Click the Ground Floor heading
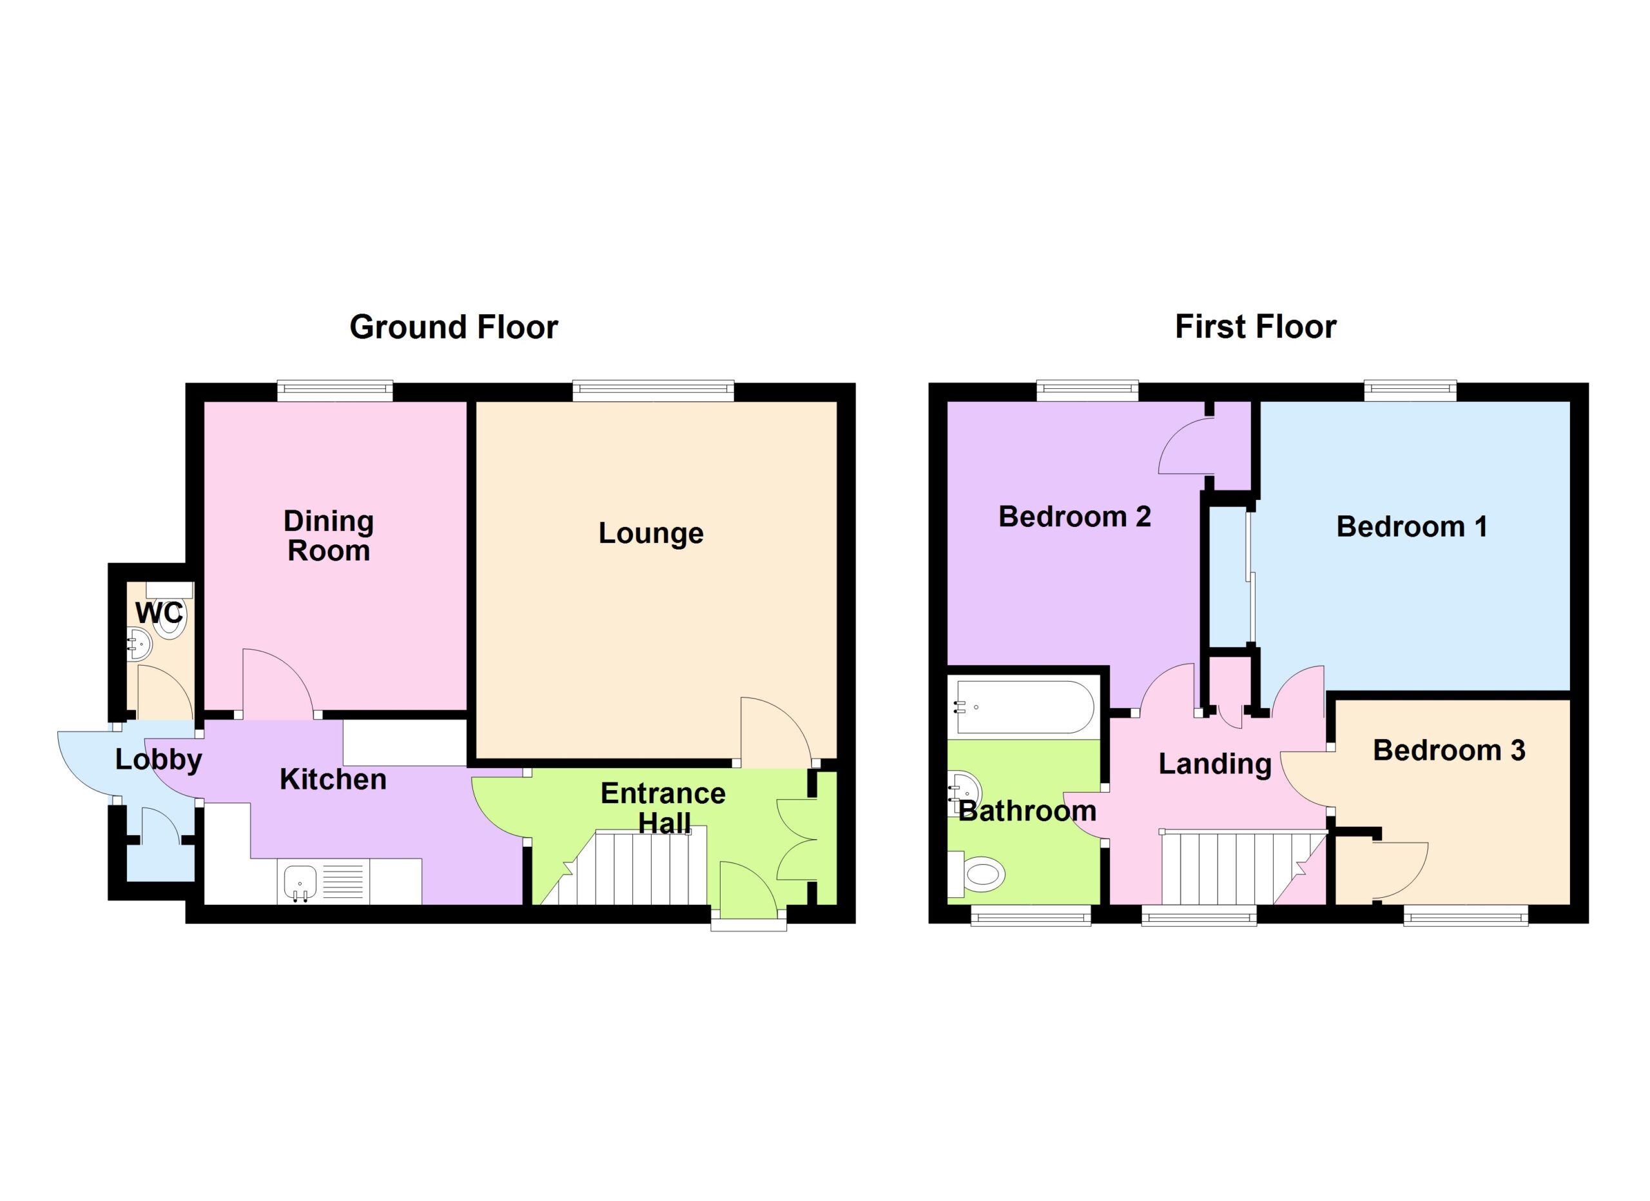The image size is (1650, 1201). pyautogui.click(x=453, y=328)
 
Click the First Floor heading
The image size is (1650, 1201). pyautogui.click(x=1256, y=327)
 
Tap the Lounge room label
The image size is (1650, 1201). pyautogui.click(x=651, y=533)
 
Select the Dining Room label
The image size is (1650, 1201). pyautogui.click(x=329, y=536)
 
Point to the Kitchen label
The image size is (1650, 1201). pyautogui.click(x=333, y=780)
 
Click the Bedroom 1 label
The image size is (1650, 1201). pyautogui.click(x=1412, y=526)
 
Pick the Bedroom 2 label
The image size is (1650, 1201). pyautogui.click(x=1074, y=517)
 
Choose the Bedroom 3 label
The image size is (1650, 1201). pyautogui.click(x=1448, y=750)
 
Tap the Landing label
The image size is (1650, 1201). pyautogui.click(x=1215, y=765)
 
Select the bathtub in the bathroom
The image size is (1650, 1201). pyautogui.click(x=1024, y=708)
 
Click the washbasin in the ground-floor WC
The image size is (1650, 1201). pyautogui.click(x=138, y=644)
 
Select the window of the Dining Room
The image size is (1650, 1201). pyautogui.click(x=335, y=392)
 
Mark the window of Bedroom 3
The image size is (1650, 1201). pyautogui.click(x=1465, y=915)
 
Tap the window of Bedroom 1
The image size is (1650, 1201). pyautogui.click(x=1410, y=391)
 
